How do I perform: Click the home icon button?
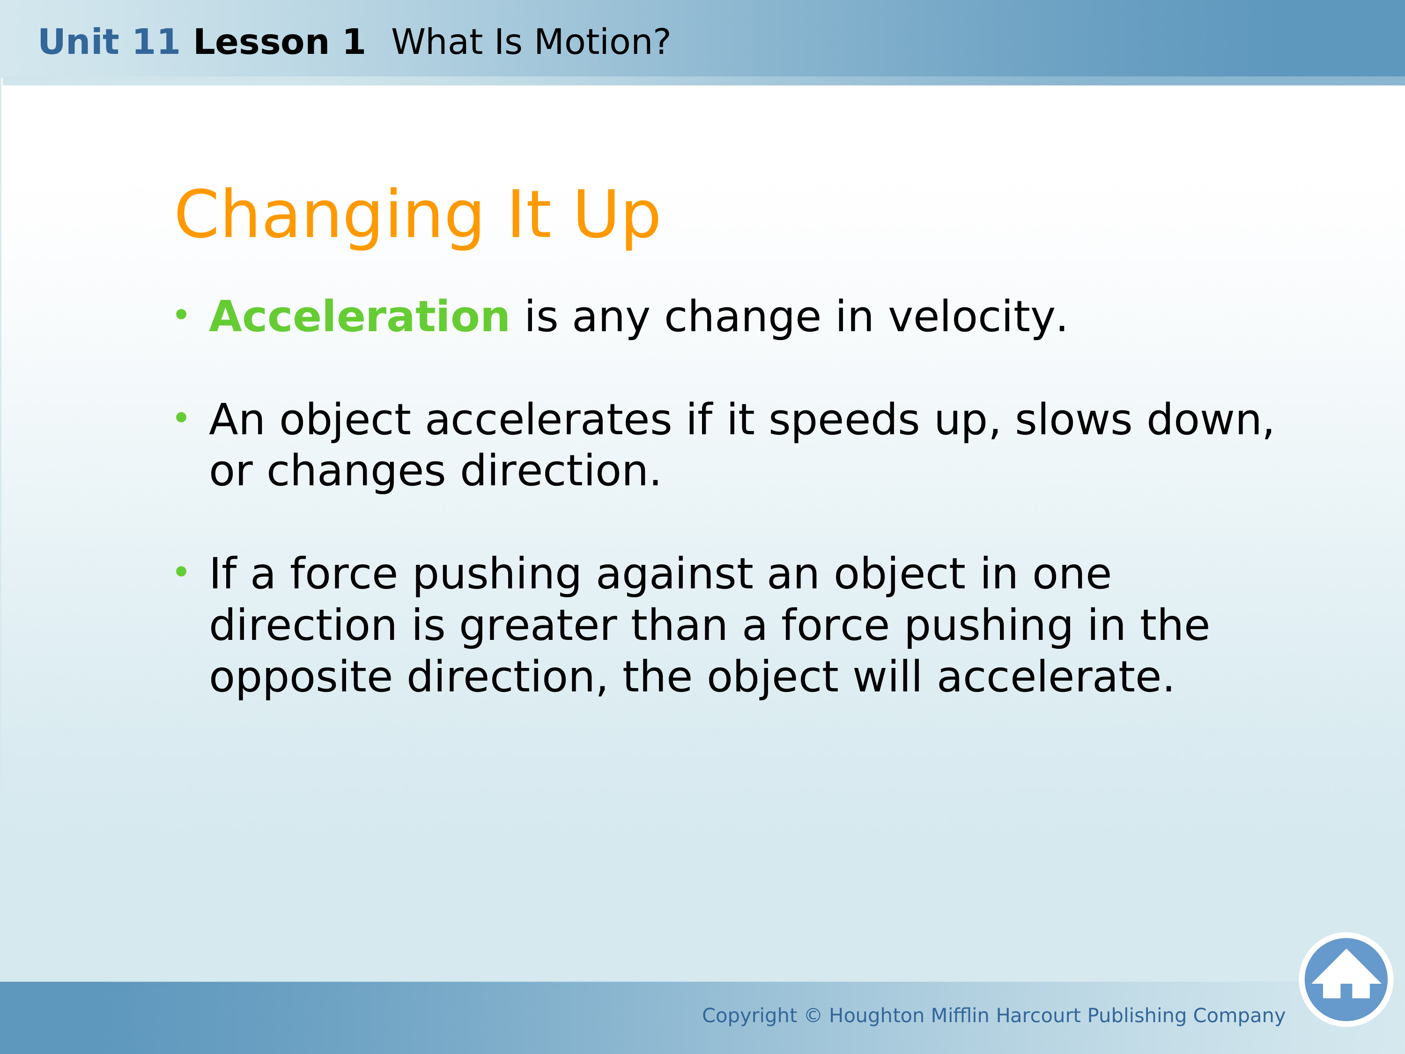point(1346,980)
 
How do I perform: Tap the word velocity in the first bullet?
point(977,318)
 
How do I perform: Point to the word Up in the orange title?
point(617,216)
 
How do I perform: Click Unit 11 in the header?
point(109,42)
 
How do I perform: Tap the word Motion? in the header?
point(602,42)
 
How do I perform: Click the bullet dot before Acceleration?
point(182,314)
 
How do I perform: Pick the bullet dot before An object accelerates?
point(182,417)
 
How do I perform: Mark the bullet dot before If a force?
point(182,571)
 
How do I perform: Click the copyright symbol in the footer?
point(813,1015)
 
